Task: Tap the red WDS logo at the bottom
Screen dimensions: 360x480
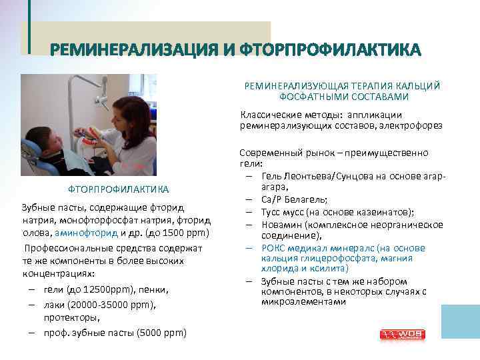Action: click(398, 333)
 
